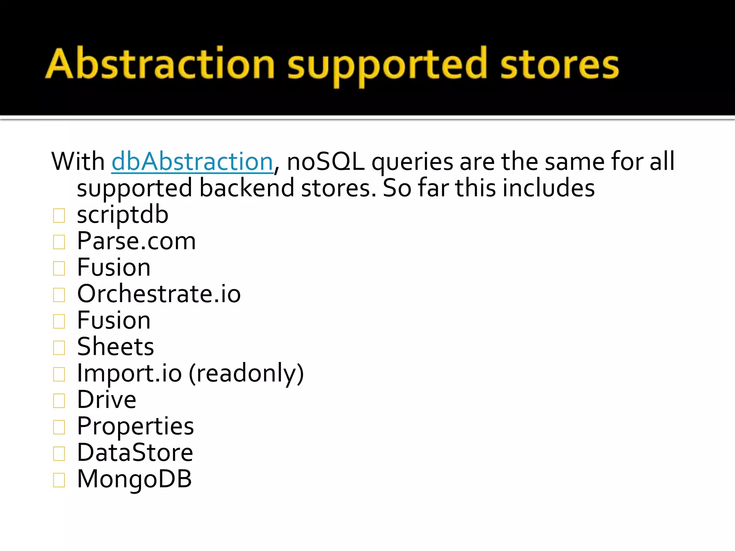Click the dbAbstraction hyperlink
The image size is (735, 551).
tap(192, 162)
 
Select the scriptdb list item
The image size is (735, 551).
tap(122, 215)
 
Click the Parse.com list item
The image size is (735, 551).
tap(136, 241)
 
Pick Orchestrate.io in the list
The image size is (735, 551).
tap(159, 294)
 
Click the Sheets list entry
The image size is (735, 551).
tap(116, 347)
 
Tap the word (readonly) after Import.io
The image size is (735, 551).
tap(246, 373)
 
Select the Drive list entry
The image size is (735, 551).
tap(107, 400)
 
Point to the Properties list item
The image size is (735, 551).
tap(135, 426)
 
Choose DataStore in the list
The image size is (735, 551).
tap(135, 453)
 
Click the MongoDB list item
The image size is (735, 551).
tap(134, 479)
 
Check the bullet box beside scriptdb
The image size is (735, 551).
tap(59, 216)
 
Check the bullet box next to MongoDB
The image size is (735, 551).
tap(59, 480)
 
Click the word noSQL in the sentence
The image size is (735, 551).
tap(326, 162)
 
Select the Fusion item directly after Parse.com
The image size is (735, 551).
tap(114, 268)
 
